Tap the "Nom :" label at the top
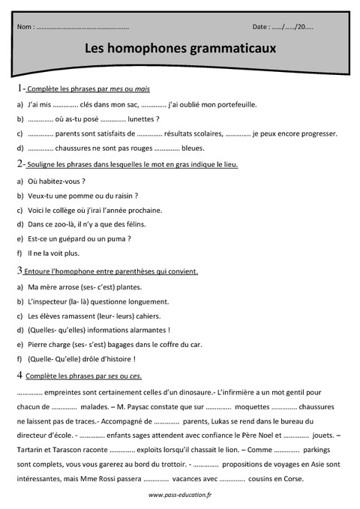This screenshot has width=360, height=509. click(x=25, y=26)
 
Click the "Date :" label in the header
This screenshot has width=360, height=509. click(x=262, y=26)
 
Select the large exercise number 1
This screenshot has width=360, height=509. click(x=19, y=89)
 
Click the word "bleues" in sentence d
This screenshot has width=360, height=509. click(x=193, y=148)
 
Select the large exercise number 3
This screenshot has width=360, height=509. click(x=19, y=269)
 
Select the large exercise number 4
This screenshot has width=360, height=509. click(x=19, y=374)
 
